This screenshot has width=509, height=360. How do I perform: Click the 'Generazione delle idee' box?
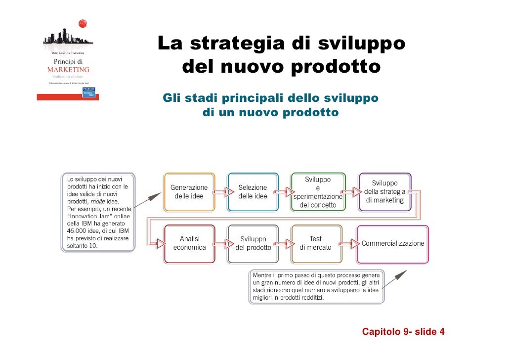pos(189,192)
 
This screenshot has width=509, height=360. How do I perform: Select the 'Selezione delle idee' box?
pos(253,192)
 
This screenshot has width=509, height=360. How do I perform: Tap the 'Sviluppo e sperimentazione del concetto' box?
pos(317,192)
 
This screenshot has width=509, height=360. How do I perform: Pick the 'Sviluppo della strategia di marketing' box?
pos(384,192)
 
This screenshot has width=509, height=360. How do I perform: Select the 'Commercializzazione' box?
pos(393,243)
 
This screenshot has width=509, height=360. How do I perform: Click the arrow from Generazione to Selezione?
pos(221,191)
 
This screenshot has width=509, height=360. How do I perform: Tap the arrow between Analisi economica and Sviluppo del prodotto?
pos(221,243)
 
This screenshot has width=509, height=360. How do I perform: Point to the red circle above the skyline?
pos(83,23)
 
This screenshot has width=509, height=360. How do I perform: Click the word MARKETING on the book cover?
pos(68,70)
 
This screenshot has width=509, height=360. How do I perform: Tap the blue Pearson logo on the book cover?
pos(89,92)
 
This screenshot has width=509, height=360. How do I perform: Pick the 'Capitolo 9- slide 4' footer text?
pos(403,331)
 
